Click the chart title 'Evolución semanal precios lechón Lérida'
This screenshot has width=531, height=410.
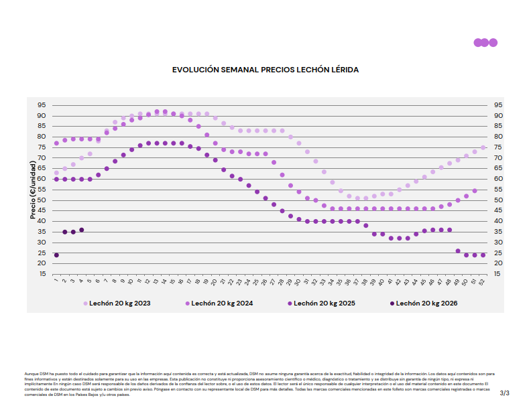point(265,70)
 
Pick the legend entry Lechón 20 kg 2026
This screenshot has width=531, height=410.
point(426,303)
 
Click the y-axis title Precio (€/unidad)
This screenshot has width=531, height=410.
point(33,190)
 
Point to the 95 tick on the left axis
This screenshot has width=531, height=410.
point(42,105)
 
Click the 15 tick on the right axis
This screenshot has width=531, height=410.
point(498,274)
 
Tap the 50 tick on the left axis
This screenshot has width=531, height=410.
point(42,200)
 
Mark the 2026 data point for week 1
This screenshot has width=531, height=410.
point(56,255)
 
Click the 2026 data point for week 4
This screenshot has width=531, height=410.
point(82,230)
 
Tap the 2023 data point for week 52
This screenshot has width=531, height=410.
point(483,147)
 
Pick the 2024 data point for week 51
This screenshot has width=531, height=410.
point(475,191)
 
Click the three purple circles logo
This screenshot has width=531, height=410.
point(485,43)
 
